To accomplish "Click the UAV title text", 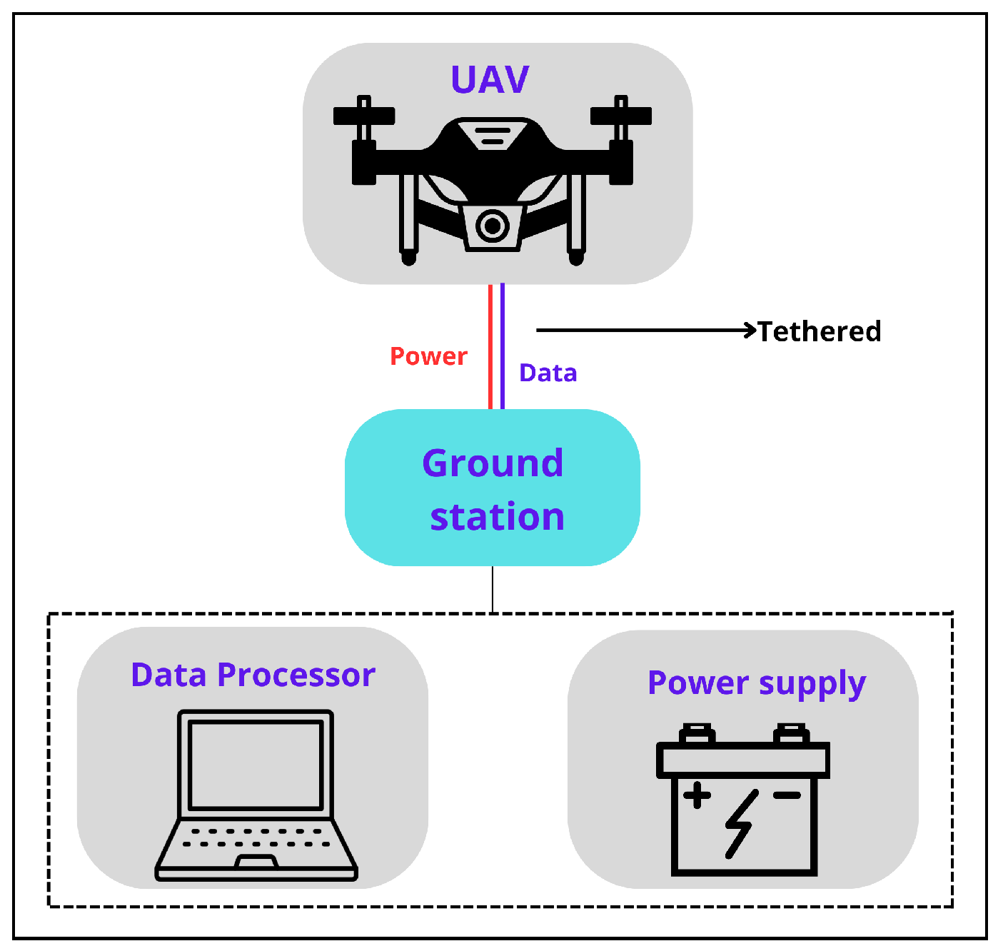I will [x=490, y=79].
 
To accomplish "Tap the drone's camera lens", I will [x=492, y=226].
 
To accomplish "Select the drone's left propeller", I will [x=364, y=115].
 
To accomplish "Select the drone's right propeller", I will [x=620, y=115].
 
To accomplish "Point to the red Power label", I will [x=428, y=356].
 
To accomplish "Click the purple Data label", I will [x=548, y=373].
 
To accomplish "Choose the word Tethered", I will [x=819, y=331].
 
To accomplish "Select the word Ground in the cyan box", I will [x=493, y=463].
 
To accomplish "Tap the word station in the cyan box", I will [x=497, y=517].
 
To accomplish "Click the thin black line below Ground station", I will [x=493, y=589].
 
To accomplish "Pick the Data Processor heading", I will [x=253, y=675].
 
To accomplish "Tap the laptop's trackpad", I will [x=256, y=861].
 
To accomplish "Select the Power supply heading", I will [x=757, y=683].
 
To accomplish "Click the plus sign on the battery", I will [x=697, y=795].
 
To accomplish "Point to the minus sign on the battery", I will [x=787, y=795].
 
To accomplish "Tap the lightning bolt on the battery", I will [x=740, y=823].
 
